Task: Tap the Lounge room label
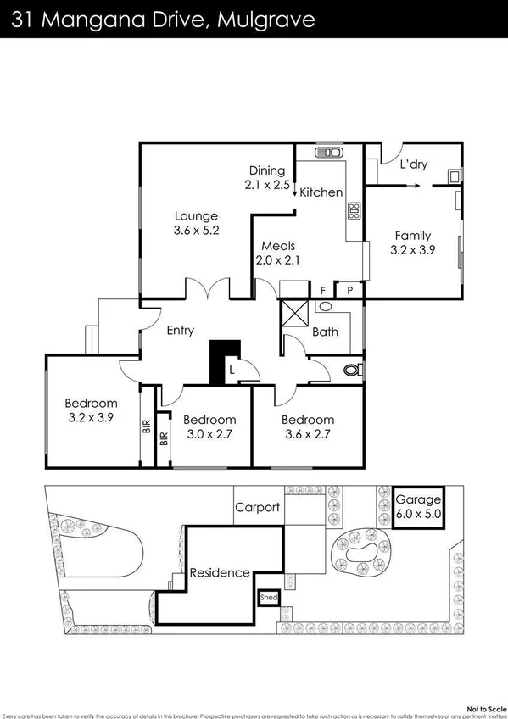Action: point(197,215)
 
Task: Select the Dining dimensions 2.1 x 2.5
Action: point(266,184)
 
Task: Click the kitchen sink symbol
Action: point(328,153)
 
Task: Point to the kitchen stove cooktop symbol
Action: point(354,210)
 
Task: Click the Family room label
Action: point(410,236)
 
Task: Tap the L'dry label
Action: point(413,164)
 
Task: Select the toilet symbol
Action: point(353,369)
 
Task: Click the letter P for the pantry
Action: point(349,290)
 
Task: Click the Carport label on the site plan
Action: point(258,508)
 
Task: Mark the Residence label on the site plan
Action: point(220,572)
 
